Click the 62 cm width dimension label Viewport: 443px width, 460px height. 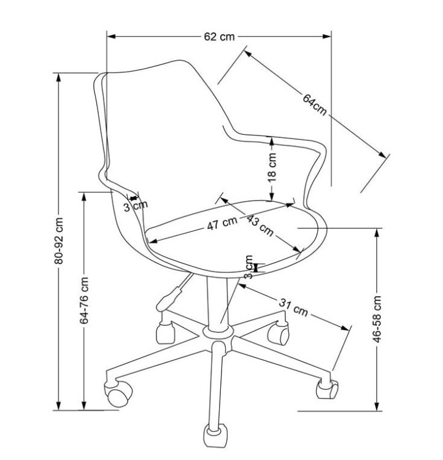tap(220, 36)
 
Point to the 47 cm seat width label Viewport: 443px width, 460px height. tap(221, 224)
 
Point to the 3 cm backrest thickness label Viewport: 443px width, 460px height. tap(135, 206)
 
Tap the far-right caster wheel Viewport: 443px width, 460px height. tap(326, 388)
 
